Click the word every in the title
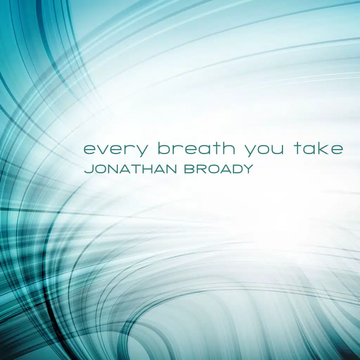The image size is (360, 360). click(x=115, y=150)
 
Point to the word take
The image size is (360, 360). click(x=318, y=148)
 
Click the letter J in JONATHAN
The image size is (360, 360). click(x=89, y=169)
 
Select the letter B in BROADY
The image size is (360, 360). click(x=190, y=169)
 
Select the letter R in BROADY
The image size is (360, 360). click(x=202, y=169)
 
